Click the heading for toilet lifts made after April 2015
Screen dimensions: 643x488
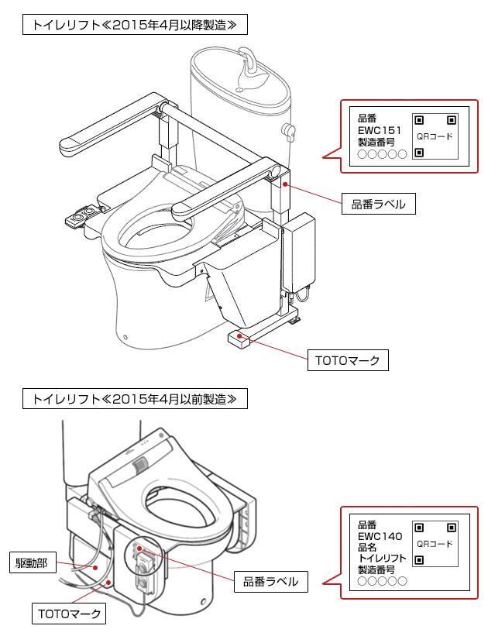point(129,25)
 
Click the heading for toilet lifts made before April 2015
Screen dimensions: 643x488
point(129,399)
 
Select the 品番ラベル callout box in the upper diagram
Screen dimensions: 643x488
point(379,205)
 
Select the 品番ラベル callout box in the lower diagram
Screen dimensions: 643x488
point(270,581)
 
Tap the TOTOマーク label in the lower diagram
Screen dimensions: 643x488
point(70,614)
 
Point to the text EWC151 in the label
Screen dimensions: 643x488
point(379,131)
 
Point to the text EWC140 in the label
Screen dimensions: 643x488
point(380,535)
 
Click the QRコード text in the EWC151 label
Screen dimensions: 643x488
point(435,136)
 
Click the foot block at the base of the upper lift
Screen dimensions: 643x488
point(242,339)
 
